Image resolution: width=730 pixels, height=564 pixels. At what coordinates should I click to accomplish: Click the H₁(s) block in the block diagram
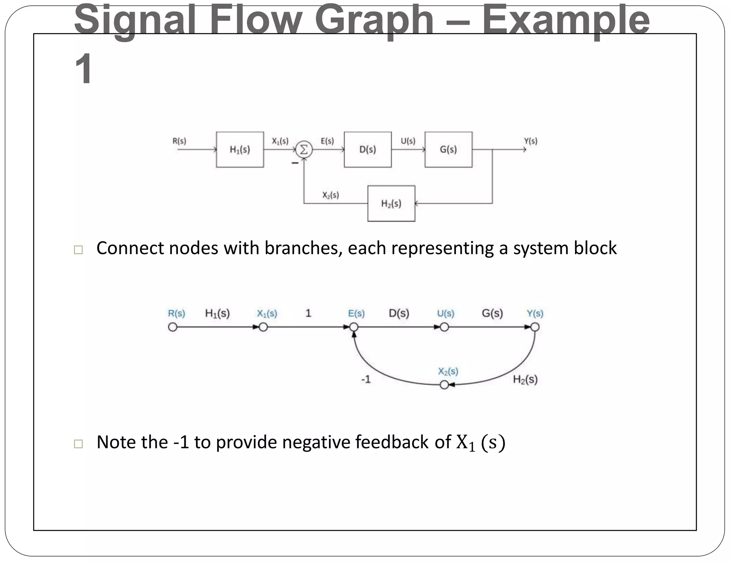point(240,149)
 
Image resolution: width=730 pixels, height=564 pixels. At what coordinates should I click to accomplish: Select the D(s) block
point(367,149)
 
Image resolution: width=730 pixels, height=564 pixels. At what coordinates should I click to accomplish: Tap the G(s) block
point(448,149)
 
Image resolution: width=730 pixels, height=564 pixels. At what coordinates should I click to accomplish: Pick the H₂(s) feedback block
point(391,204)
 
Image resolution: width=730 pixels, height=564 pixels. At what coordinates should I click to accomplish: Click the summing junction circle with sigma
point(304,150)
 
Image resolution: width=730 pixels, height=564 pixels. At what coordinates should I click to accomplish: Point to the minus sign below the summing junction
point(295,163)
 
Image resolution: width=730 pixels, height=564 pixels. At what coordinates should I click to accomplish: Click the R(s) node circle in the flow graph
point(173,327)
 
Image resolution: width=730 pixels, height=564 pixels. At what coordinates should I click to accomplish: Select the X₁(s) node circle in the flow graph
point(263,327)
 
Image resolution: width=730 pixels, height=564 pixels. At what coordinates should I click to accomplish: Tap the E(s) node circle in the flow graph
point(354,327)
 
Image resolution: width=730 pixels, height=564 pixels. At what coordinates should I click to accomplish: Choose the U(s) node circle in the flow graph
point(444,327)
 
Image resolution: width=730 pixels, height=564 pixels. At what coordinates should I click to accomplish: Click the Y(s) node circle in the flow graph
point(535,327)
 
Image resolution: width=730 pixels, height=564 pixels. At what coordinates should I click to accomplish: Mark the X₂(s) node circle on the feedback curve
point(444,385)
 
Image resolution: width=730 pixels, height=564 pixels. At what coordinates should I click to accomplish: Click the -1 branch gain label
point(366,379)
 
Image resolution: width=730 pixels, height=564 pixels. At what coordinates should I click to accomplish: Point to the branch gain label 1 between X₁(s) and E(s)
point(308,313)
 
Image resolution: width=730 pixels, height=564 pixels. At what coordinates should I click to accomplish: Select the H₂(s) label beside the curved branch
point(525,379)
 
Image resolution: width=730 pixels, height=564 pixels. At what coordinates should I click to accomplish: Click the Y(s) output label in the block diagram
point(530,141)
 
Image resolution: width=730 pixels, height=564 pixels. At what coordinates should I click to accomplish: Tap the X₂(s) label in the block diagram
point(330,195)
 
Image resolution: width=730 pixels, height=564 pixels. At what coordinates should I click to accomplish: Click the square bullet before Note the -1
point(78,443)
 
